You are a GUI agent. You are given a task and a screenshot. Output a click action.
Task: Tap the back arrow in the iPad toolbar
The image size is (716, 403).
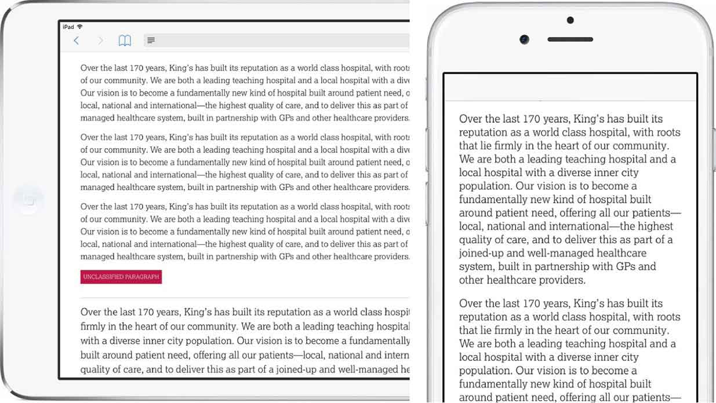(76, 41)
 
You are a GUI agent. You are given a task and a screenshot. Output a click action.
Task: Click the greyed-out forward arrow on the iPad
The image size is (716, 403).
(100, 41)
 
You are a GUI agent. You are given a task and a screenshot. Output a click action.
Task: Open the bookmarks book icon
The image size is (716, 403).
(125, 41)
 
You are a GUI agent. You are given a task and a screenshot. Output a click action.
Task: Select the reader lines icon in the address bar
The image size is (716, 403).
(151, 41)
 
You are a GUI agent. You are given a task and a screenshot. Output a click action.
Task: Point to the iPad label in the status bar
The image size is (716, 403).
(68, 27)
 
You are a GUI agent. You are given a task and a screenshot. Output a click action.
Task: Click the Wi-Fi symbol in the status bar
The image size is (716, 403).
(80, 27)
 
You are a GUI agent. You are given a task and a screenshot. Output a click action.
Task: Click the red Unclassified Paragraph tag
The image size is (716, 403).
(121, 277)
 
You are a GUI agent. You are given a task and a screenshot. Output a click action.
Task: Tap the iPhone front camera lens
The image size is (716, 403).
(524, 39)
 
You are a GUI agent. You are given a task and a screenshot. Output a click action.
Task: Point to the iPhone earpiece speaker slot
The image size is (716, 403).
(570, 39)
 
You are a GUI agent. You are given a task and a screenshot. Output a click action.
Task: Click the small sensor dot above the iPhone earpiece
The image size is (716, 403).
(570, 20)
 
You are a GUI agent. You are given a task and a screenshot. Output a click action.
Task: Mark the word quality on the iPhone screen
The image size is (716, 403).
(478, 240)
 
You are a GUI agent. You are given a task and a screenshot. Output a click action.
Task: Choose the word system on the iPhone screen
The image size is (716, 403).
(477, 267)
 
